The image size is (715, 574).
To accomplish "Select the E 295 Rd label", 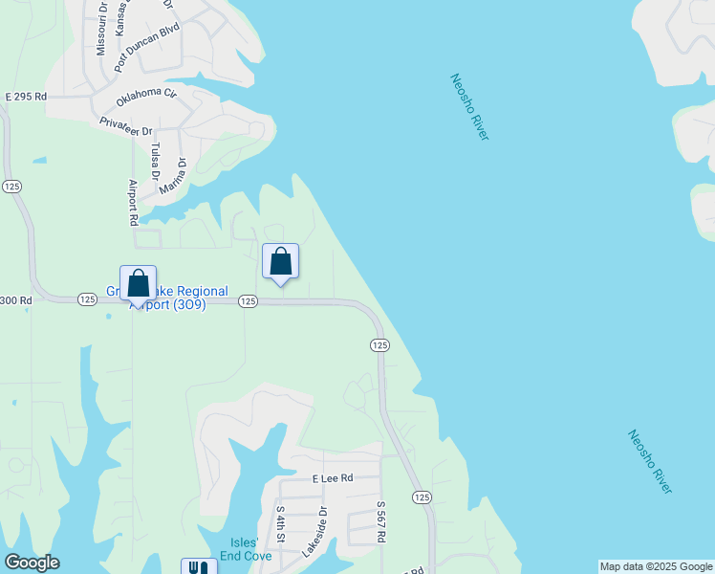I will [26, 98].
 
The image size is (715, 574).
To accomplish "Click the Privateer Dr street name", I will [126, 126].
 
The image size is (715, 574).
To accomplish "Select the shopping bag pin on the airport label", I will [138, 283].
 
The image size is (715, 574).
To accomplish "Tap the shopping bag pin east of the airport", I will [281, 261].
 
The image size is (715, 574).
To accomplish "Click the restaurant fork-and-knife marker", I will [199, 567].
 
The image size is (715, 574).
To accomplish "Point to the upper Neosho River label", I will [469, 106].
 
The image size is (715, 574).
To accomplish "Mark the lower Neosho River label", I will [650, 461].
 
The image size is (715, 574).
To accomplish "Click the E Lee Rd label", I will [333, 478].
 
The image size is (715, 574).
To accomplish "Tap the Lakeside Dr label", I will [314, 531].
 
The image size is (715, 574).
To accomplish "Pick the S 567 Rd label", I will [379, 523].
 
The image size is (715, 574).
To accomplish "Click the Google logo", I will [32, 563].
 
